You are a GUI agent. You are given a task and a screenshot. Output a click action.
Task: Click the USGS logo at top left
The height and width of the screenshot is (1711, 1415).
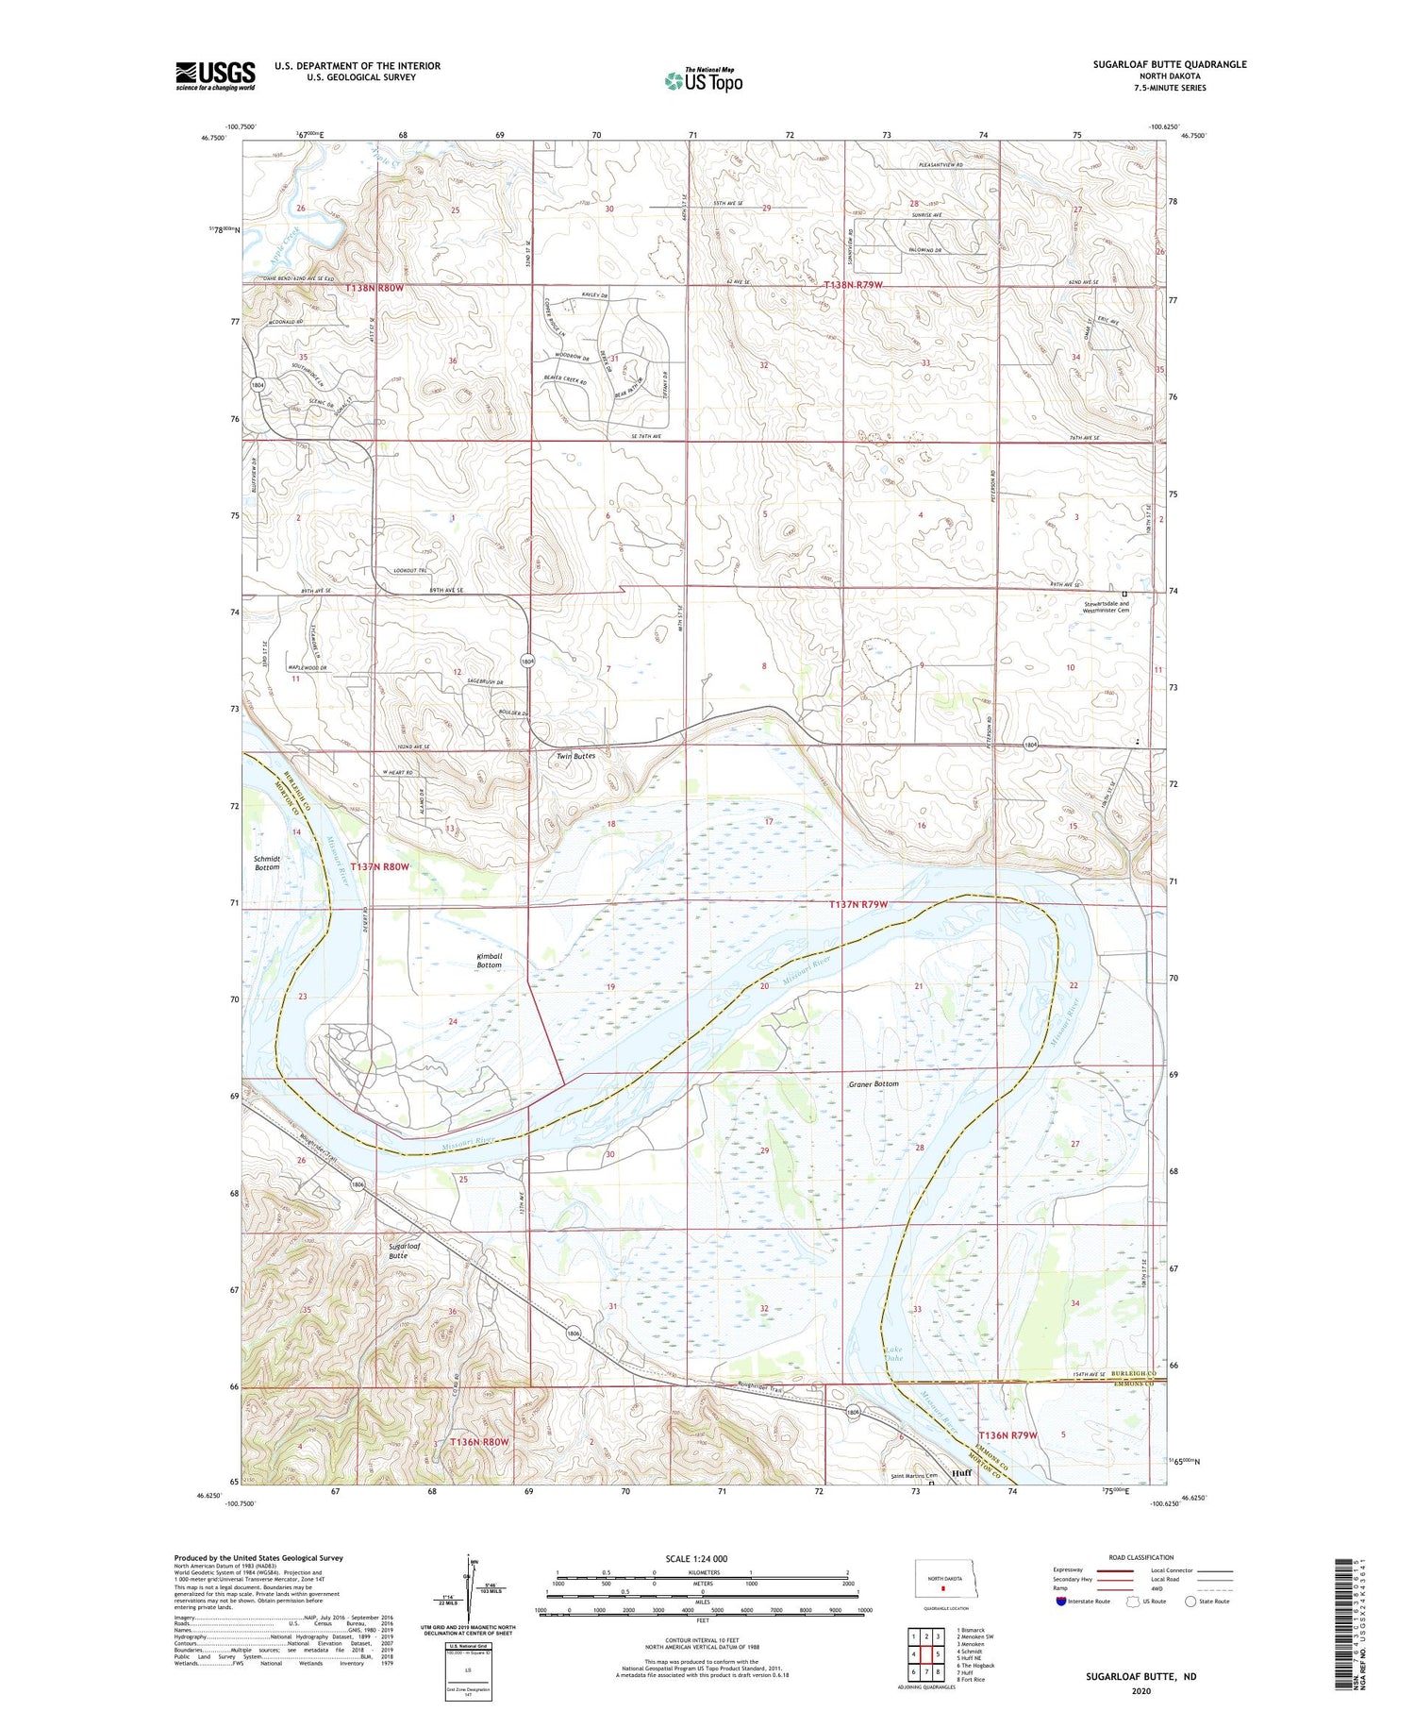tap(215, 75)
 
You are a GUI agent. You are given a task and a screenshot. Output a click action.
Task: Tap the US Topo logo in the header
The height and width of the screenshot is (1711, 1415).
tap(703, 80)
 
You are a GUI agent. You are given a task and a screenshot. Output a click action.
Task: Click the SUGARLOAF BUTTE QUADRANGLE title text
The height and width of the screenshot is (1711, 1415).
tap(1169, 64)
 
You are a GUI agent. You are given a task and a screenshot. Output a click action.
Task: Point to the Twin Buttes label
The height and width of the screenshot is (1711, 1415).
tap(575, 756)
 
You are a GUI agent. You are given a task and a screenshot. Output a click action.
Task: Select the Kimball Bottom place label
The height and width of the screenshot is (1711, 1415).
tap(489, 960)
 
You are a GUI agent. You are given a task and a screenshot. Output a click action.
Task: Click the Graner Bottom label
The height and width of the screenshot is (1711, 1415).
tap(873, 1083)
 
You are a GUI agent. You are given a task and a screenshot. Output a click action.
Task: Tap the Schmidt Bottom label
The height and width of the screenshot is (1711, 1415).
tap(267, 863)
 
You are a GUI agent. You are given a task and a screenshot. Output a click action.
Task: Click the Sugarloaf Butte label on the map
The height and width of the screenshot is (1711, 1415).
tap(405, 1250)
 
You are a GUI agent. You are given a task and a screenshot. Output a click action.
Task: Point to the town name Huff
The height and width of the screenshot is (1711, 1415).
tap(961, 1472)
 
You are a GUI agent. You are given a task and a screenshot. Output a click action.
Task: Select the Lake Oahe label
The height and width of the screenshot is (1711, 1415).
tap(896, 1354)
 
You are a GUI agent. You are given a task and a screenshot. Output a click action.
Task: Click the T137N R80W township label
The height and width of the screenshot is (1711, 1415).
tap(380, 866)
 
